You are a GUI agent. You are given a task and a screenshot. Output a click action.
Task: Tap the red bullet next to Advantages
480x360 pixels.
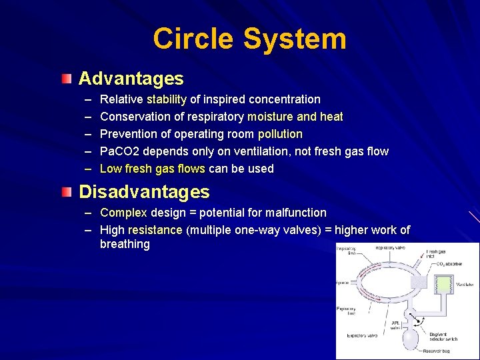click(65, 79)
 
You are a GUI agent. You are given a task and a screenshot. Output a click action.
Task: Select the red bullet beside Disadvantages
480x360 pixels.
click(65, 193)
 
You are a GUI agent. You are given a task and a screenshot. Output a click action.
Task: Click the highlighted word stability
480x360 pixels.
click(167, 99)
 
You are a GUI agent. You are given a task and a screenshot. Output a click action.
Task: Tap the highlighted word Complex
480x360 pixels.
click(123, 213)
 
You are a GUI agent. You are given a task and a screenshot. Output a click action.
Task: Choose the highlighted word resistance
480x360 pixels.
click(155, 230)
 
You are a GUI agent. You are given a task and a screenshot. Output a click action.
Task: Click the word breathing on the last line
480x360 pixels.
click(125, 244)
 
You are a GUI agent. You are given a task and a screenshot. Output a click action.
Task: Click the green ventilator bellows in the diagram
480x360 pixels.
click(443, 285)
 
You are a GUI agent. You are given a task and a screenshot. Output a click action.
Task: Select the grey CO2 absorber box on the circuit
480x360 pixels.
click(419, 283)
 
